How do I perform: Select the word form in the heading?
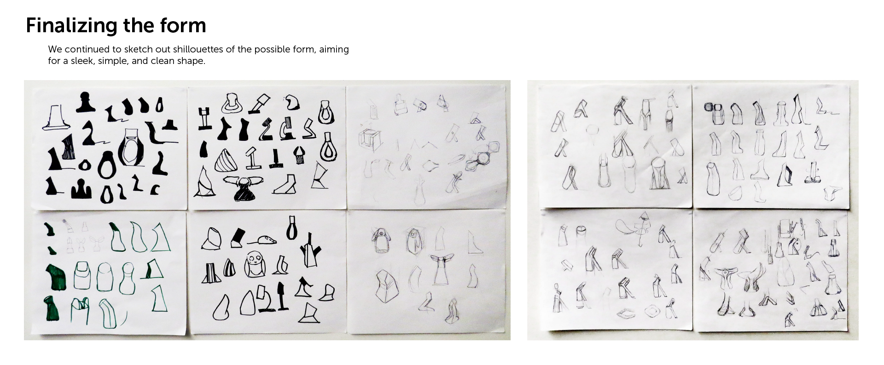point(183,25)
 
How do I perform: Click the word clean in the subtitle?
point(163,61)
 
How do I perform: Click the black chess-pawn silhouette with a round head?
point(85,102)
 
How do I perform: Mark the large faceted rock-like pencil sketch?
point(386,286)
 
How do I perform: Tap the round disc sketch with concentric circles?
point(482,159)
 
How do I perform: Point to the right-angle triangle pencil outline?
point(474,243)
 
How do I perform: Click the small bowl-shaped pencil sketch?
point(736,193)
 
